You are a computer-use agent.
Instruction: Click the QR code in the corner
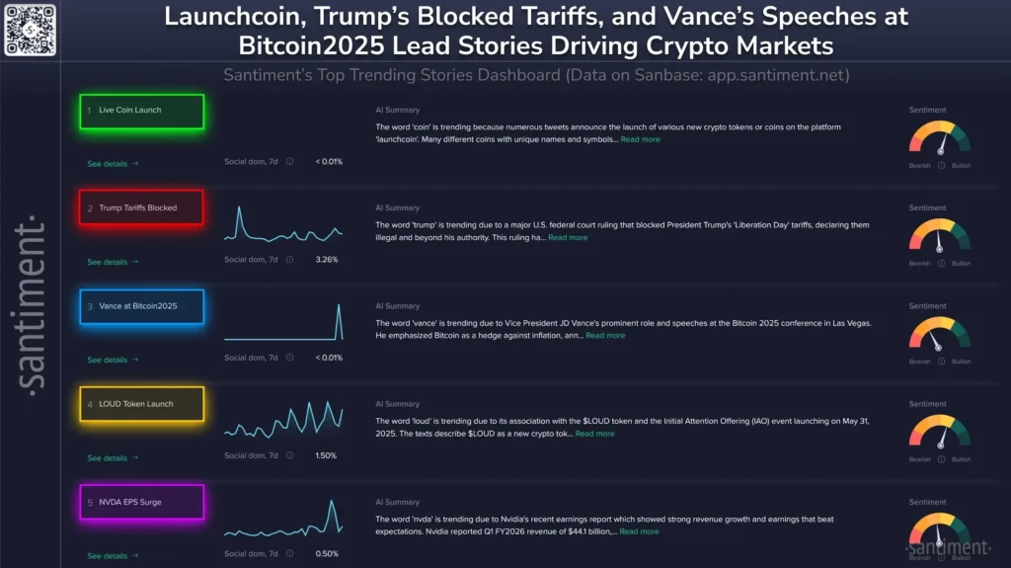[30, 30]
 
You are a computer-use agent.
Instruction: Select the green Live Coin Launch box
[142, 111]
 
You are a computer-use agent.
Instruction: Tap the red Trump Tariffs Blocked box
[142, 208]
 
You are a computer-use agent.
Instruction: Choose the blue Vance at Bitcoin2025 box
[142, 306]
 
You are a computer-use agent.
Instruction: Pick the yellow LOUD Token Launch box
[142, 404]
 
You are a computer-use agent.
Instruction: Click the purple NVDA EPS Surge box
[142, 502]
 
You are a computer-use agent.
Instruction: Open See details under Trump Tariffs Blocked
[113, 262]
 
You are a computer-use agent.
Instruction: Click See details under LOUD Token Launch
[113, 457]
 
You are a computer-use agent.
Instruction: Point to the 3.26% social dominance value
[326, 260]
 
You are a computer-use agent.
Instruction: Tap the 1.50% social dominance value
[326, 455]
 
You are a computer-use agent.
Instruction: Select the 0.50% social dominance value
[326, 553]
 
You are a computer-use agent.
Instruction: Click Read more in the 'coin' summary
[640, 140]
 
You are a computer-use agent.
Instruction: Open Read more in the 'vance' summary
[605, 336]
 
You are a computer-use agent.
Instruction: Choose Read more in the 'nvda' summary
[639, 531]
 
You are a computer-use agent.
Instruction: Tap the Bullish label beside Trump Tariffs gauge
[961, 264]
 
